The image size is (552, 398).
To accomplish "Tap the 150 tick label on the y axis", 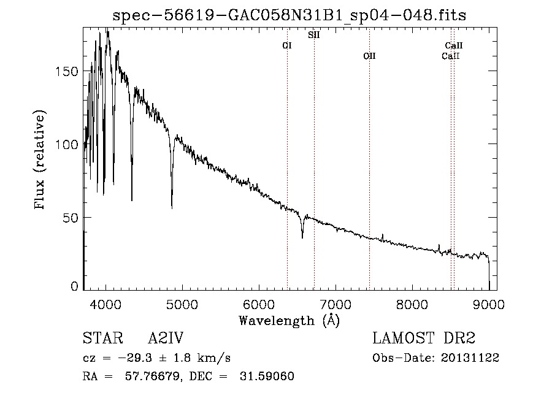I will coord(67,71).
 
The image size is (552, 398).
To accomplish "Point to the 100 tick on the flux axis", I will coord(67,144).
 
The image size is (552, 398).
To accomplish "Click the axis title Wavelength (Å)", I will coord(289,320).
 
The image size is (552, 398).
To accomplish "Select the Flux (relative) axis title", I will coord(41,161).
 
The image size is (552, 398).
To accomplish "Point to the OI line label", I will coord(286,45).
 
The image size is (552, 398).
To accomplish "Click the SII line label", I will coord(313,36).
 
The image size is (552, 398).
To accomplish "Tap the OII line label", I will coord(369,56).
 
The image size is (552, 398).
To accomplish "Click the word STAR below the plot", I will coord(101,338).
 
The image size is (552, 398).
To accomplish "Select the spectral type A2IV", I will coord(166,338).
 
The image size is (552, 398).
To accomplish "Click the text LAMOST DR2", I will coord(424,338).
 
